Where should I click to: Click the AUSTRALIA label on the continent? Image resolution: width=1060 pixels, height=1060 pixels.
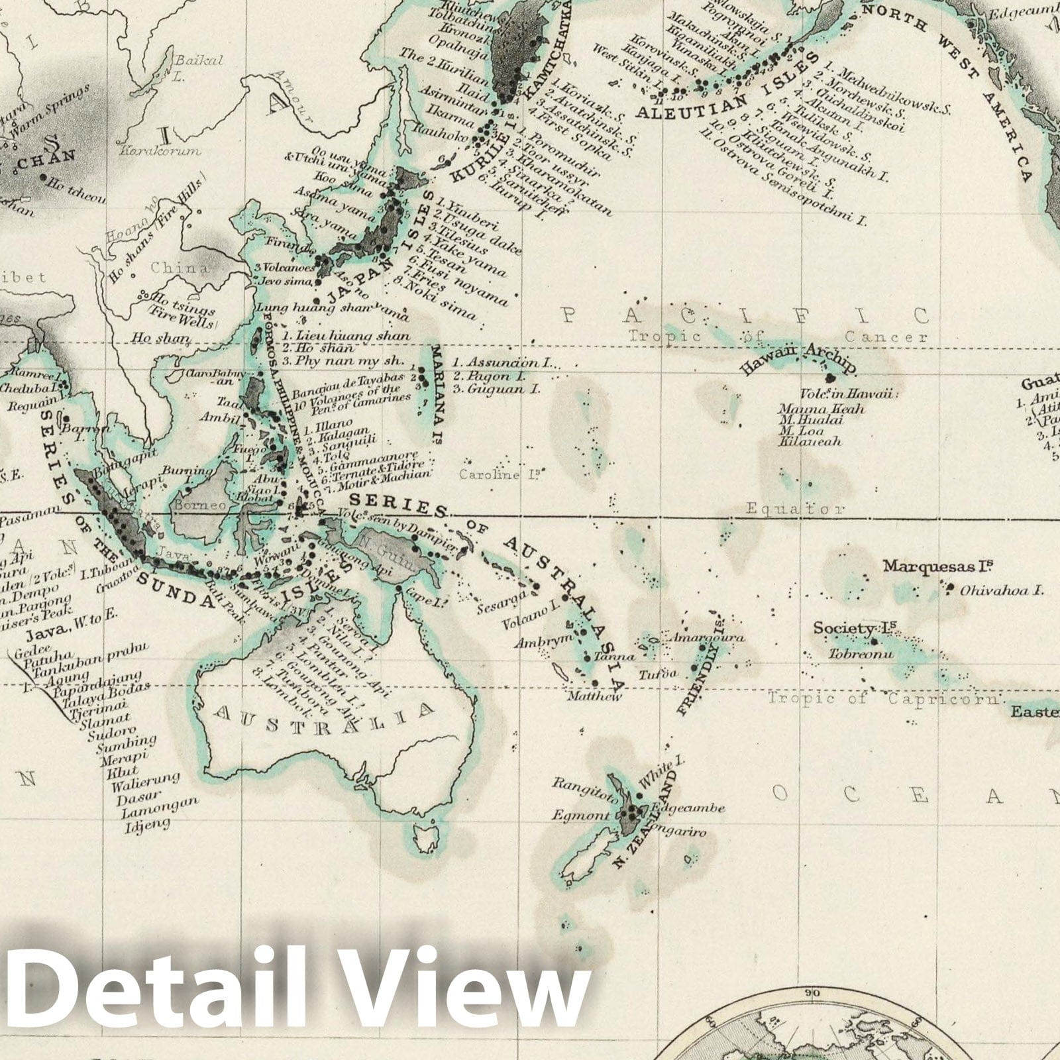pyautogui.click(x=325, y=718)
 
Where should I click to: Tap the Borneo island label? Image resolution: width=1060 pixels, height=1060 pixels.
pyautogui.click(x=210, y=505)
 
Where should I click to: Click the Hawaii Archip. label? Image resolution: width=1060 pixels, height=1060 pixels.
pyautogui.click(x=798, y=359)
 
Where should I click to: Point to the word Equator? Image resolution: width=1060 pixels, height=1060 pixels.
pyautogui.click(x=794, y=509)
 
